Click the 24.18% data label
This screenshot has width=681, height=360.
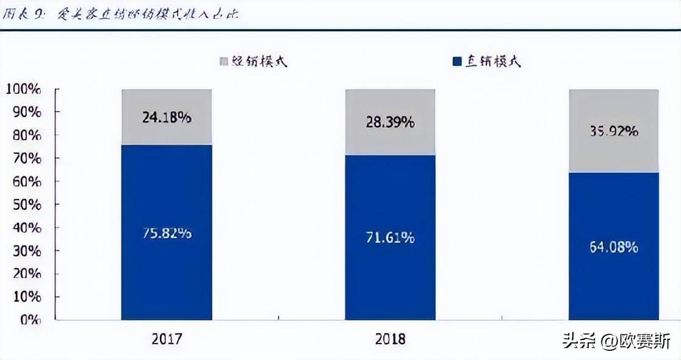(x=167, y=117)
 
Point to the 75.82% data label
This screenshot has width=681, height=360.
(x=167, y=233)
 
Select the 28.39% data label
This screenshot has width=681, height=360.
(x=390, y=121)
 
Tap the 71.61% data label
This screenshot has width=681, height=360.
(x=390, y=237)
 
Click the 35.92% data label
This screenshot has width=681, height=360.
(x=614, y=131)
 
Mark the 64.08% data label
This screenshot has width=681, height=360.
(x=614, y=247)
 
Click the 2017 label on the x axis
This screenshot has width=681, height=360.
(x=167, y=339)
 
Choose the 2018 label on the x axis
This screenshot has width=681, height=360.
(x=390, y=339)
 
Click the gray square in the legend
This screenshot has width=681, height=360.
(x=223, y=62)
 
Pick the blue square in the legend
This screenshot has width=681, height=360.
(x=457, y=62)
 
